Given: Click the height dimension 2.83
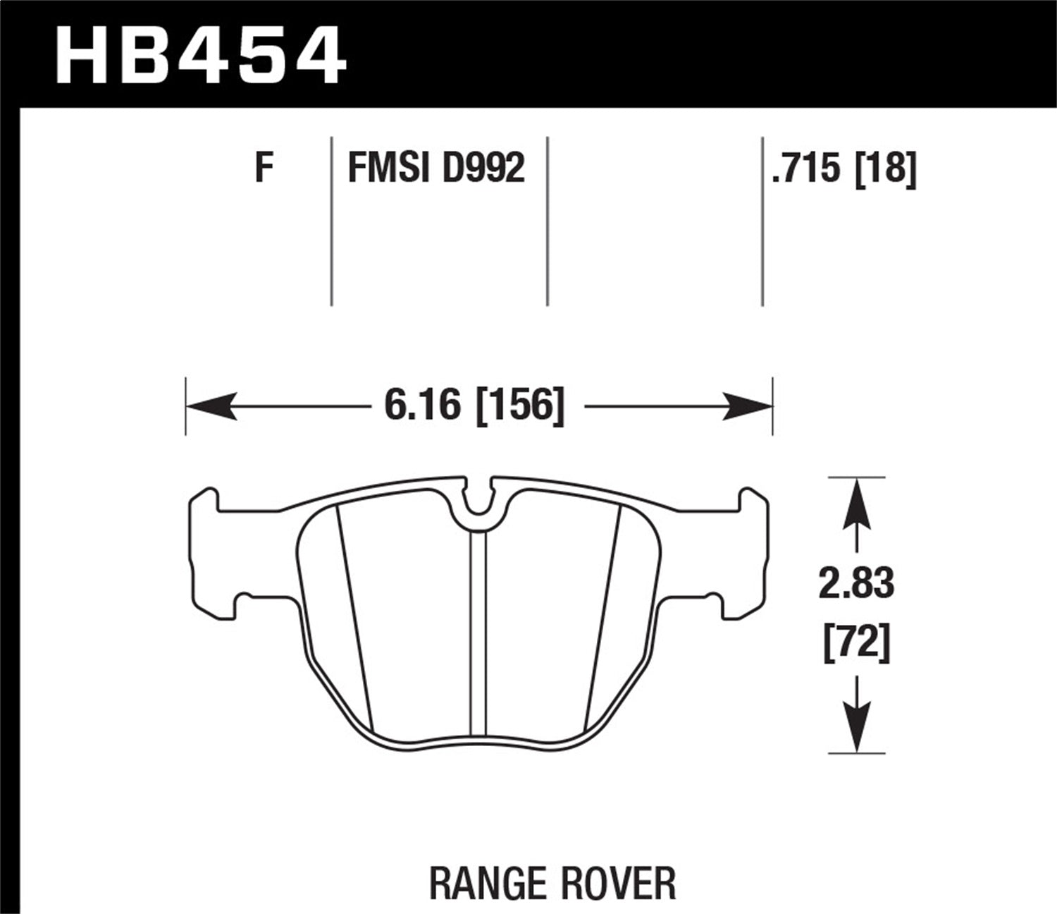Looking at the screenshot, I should pyautogui.click(x=856, y=585).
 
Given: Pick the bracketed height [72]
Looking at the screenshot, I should pyautogui.click(x=856, y=643).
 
